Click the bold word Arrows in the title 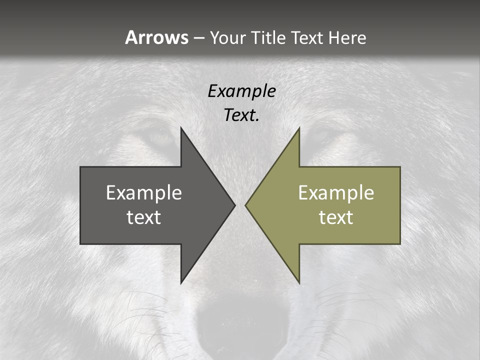tap(156, 37)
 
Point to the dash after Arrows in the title tap(198, 38)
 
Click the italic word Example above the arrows tap(241, 91)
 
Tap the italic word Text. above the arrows tap(241, 115)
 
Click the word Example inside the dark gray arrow tap(143, 193)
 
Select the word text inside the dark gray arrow tap(143, 217)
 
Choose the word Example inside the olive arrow tap(336, 193)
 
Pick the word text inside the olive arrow tap(336, 217)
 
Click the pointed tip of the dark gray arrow tap(234, 205)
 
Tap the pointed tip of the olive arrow tap(246, 205)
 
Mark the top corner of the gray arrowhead tap(181, 128)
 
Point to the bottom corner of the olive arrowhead tap(299, 282)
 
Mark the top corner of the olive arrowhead tap(299, 128)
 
